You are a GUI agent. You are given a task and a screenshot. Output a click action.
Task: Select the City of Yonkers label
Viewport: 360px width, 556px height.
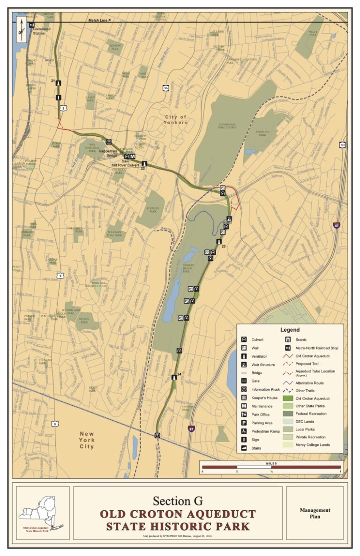coord(176,119)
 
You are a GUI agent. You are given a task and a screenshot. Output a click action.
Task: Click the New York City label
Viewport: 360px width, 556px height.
coord(87,440)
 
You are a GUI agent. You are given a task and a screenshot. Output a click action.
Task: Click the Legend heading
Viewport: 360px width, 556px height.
coord(289,329)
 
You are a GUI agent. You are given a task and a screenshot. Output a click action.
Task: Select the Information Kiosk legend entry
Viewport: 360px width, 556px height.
coord(265,389)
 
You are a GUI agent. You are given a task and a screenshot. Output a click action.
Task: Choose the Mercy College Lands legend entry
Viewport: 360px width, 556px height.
coord(312,445)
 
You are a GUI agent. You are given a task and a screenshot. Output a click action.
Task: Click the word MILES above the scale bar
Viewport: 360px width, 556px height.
coord(271,463)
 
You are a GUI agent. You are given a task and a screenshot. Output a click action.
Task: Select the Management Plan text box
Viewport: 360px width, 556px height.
coord(315,513)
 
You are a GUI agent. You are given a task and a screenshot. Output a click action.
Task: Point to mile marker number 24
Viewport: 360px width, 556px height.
coord(179,374)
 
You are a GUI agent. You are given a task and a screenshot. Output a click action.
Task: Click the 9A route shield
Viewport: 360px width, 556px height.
coord(165,88)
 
